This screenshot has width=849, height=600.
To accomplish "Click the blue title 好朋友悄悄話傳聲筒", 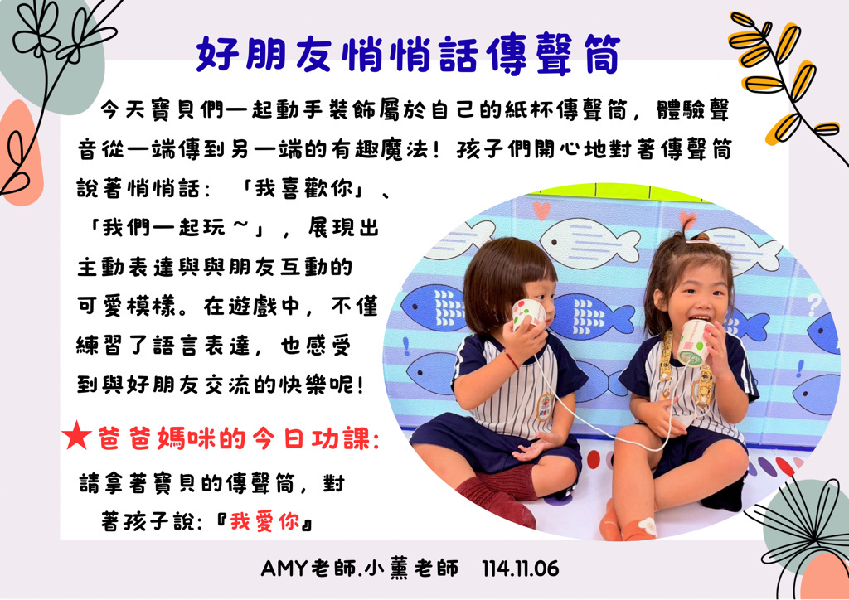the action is pos(408,55).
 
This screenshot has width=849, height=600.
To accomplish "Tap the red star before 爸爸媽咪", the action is pos(75,437).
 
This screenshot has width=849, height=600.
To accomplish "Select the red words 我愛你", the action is pos(264,522).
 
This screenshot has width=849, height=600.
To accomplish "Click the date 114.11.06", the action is pos(521,569).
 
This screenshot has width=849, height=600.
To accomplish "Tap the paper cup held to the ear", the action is pos(528,314).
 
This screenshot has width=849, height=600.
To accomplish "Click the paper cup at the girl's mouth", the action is pos(693,342).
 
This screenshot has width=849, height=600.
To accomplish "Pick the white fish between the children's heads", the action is pos(590,242).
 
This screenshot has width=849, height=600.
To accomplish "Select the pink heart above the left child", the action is pos(541,210).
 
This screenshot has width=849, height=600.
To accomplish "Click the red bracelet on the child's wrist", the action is pos(511,360).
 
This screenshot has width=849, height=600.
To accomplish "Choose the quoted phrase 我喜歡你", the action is pos(303,190).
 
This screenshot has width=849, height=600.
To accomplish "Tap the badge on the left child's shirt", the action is pos(545,408).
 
